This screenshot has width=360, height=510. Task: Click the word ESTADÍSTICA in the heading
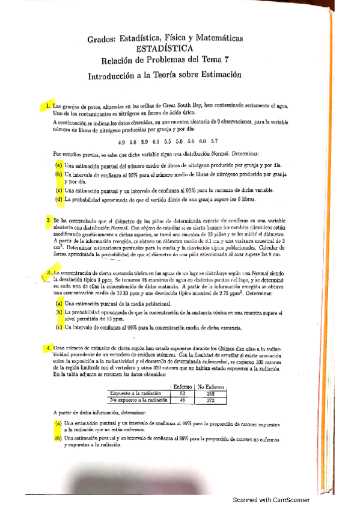click(164, 48)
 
